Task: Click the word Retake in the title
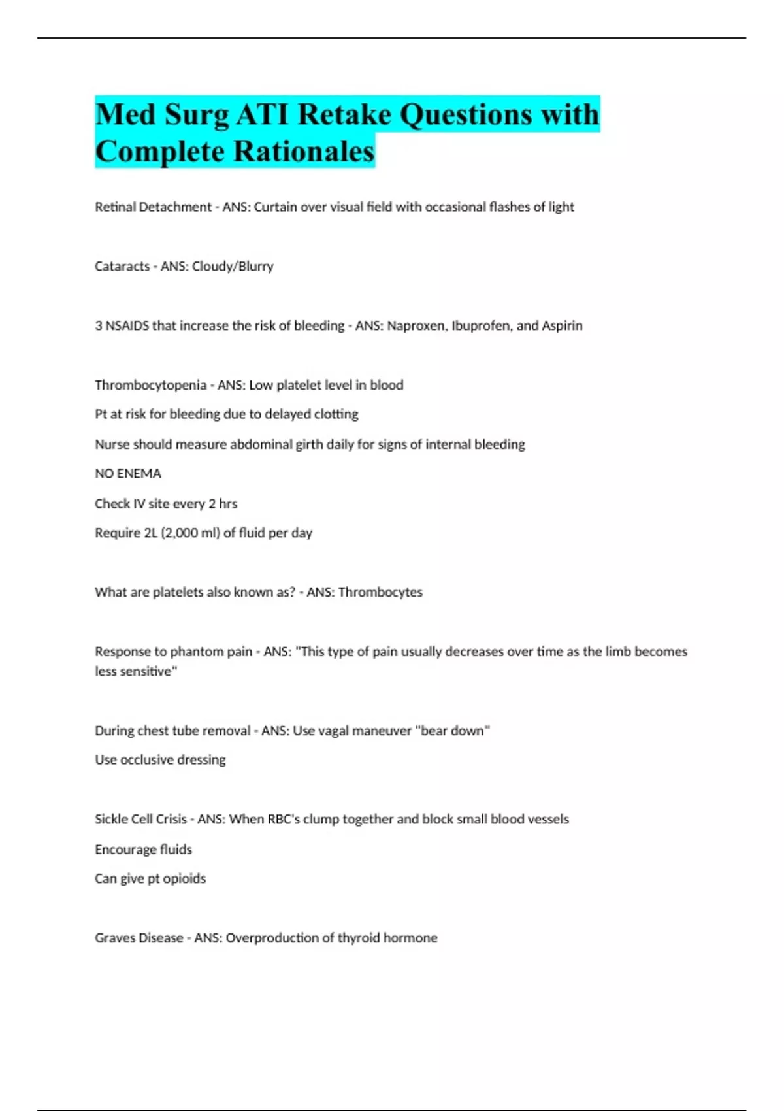point(344,114)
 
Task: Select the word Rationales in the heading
point(304,152)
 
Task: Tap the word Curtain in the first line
point(275,207)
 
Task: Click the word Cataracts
point(122,267)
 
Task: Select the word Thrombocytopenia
point(150,385)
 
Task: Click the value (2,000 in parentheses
point(180,533)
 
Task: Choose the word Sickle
point(112,819)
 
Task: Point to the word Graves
point(114,938)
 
